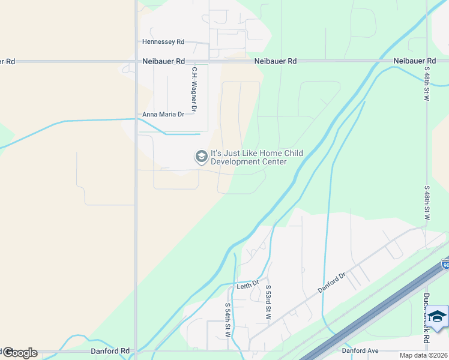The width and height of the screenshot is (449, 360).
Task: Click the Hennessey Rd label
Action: click(163, 42)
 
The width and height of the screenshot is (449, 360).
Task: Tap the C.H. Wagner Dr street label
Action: click(194, 89)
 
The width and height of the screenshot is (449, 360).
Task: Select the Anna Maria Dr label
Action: click(163, 115)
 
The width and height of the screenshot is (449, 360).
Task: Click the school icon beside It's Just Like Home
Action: click(201, 157)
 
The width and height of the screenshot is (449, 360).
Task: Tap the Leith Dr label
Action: click(247, 283)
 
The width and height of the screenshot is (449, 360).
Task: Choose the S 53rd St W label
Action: click(268, 302)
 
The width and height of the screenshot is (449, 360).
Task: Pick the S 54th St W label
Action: click(228, 320)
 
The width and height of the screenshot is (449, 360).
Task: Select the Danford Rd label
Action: click(110, 350)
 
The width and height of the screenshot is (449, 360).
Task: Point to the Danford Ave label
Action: click(360, 350)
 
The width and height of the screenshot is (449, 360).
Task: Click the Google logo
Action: click(19, 353)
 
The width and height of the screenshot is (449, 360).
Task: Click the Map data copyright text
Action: click(423, 355)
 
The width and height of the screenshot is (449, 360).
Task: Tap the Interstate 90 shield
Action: click(445, 264)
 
